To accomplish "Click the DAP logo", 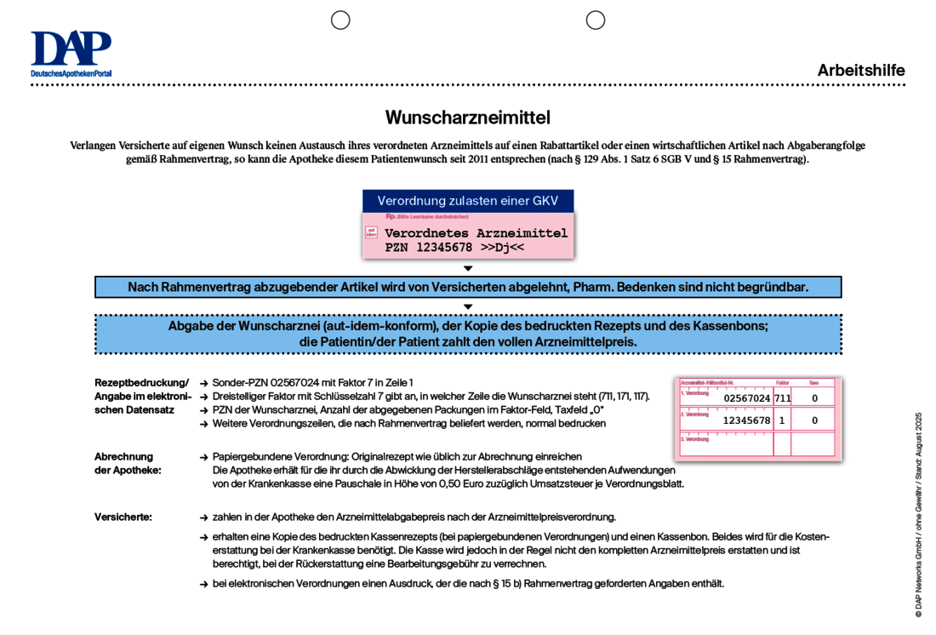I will tap(71, 53).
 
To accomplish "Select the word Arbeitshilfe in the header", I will tap(860, 71).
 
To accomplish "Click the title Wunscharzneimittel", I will tap(467, 117).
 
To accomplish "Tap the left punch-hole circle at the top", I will tap(340, 20).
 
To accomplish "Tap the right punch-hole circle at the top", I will tap(596, 20).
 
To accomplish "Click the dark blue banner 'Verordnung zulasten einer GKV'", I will tap(467, 201).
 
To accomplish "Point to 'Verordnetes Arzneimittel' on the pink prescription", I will tap(476, 233).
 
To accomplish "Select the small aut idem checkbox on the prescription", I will tap(371, 232).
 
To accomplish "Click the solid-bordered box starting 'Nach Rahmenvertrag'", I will tap(467, 287).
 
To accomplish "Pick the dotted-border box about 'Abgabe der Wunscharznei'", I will tap(467, 334).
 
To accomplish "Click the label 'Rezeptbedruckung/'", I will tap(141, 383).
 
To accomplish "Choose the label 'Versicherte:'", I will tap(123, 517).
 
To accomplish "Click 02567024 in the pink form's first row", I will tap(746, 398).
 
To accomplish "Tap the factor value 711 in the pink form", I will tap(782, 398).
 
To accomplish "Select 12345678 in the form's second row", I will tap(746, 420).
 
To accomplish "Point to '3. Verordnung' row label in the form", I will tap(696, 439).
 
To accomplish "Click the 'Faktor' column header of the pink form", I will tap(782, 383).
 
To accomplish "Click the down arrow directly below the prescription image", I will tap(467, 269).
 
